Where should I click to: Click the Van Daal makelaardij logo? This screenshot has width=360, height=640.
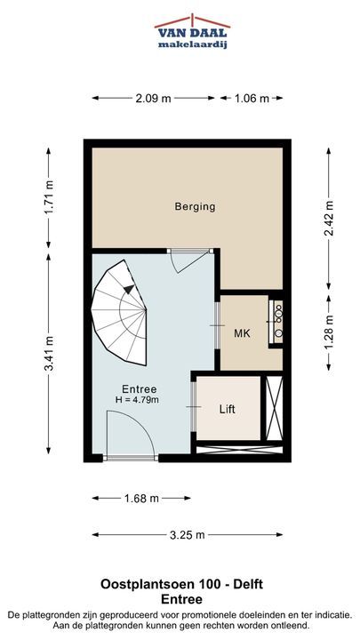192,31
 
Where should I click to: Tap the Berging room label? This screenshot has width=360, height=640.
195,206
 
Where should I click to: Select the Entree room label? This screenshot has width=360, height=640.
140,389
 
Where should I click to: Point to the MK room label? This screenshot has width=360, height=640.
242,333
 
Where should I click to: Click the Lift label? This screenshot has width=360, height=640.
228,409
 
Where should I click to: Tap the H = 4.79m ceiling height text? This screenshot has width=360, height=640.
137,400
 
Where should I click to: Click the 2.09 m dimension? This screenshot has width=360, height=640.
153,98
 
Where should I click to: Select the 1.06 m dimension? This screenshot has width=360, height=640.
252,98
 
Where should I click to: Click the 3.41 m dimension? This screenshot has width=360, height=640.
49,354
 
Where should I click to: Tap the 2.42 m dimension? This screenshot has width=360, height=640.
329,219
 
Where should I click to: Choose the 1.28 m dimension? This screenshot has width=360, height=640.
329,333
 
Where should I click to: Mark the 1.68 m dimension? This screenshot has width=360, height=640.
140,499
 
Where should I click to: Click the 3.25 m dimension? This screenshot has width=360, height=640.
188,535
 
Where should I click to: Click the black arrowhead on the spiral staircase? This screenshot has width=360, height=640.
129,289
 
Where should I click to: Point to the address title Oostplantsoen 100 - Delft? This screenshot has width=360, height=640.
182,585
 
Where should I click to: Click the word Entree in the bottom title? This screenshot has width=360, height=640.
181,600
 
